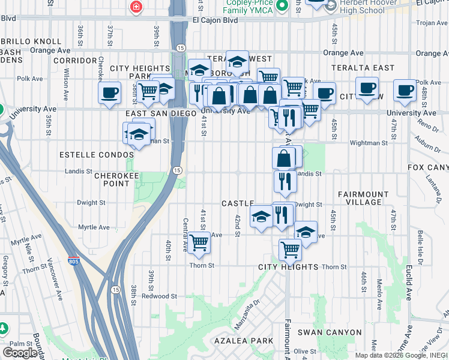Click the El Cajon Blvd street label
pyautogui.click(x=215, y=20)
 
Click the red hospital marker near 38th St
pyautogui.click(x=136, y=7)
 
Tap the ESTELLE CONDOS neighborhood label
pyautogui.click(x=96, y=155)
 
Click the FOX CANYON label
pyautogui.click(x=427, y=167)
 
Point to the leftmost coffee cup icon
pyautogui.click(x=109, y=93)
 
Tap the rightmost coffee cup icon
pyautogui.click(x=405, y=91)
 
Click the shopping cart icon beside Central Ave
pyautogui.click(x=199, y=242)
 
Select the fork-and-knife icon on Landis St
pyautogui.click(x=284, y=181)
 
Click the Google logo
pyautogui.click(x=20, y=352)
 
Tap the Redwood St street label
pyautogui.click(x=159, y=296)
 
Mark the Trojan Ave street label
pyautogui.click(x=428, y=23)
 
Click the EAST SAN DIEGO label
pyautogui.click(x=161, y=113)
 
